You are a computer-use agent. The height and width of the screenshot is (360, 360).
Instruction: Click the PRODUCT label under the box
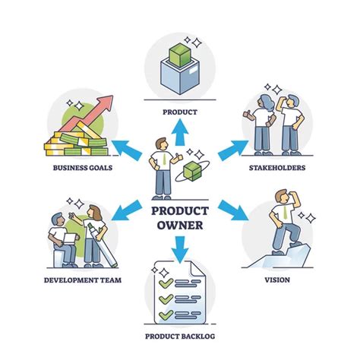pyautogui.click(x=180, y=112)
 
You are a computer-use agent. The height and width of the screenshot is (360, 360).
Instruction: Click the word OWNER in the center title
pyautogui.click(x=180, y=225)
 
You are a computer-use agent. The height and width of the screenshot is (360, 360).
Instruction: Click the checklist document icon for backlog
pyautogui.click(x=179, y=290)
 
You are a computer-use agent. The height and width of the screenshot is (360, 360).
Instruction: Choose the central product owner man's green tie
pyautogui.click(x=163, y=159)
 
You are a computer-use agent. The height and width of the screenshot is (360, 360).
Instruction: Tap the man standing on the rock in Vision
pyautogui.click(x=283, y=224)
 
